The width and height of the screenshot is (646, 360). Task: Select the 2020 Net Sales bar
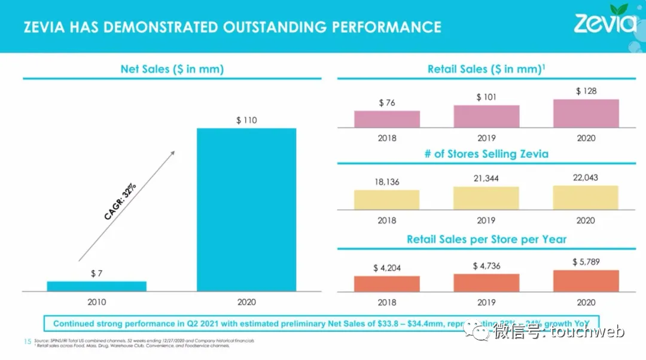point(246,209)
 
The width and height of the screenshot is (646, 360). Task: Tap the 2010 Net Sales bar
point(96,286)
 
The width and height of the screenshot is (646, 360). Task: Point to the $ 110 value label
point(246,120)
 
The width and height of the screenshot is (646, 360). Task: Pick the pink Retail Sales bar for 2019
point(486,116)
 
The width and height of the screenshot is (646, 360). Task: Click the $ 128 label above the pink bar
point(586,91)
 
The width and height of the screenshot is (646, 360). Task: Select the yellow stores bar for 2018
point(386,200)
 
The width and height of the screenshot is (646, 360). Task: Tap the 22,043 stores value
point(586,178)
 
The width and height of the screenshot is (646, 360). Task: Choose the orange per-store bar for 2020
point(586,280)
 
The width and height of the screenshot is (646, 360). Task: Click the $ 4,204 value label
point(387,268)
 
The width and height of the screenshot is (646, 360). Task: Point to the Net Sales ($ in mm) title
point(172,69)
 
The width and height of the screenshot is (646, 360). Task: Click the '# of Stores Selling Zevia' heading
point(486,154)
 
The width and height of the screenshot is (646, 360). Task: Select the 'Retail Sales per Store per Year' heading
point(486,239)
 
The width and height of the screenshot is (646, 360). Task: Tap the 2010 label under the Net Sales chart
point(96,302)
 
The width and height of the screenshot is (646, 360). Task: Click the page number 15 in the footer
point(26,341)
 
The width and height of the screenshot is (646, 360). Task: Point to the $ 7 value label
point(96,273)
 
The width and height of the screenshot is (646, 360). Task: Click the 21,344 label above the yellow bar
point(486,179)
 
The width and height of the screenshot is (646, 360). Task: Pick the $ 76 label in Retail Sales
point(387,103)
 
